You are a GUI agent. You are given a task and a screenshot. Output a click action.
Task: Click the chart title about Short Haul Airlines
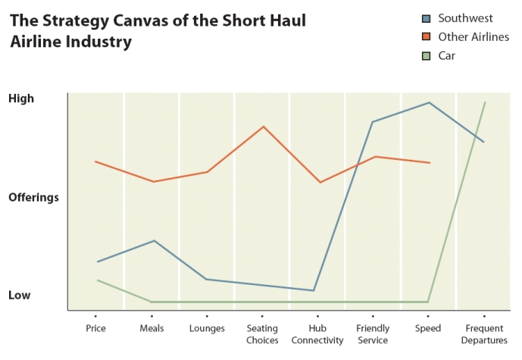point(158,31)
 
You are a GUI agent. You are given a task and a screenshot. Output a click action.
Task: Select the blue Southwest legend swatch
point(426,17)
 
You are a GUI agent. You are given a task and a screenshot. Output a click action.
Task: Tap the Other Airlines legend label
point(474,36)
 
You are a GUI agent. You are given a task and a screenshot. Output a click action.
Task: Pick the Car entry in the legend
point(447,55)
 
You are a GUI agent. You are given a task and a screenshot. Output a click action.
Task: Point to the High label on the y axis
point(21,99)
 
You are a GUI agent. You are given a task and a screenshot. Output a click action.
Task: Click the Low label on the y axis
point(20,295)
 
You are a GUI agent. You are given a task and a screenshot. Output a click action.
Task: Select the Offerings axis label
point(33,197)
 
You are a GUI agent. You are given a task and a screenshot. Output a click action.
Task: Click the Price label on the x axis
point(96,328)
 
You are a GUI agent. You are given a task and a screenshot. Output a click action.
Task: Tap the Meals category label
point(152,328)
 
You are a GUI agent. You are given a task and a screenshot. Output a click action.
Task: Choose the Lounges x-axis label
point(207,328)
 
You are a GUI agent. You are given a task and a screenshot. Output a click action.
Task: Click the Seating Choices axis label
point(262,334)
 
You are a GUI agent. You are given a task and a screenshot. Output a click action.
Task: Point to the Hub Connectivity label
point(317,334)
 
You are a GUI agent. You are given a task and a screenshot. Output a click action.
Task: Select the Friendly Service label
point(373,334)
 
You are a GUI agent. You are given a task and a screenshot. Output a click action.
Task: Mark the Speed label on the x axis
point(428,328)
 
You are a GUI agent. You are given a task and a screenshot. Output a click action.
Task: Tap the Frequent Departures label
point(484,334)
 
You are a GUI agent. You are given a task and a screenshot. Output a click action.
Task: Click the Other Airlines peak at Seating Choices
point(263,127)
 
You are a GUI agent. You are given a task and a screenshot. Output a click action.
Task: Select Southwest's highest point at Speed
point(430,102)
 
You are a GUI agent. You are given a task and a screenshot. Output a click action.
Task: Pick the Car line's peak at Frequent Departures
point(485,102)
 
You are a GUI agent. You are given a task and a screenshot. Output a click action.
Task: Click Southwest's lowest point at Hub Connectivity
point(313,290)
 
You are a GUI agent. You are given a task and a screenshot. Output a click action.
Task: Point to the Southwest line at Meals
point(154,241)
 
